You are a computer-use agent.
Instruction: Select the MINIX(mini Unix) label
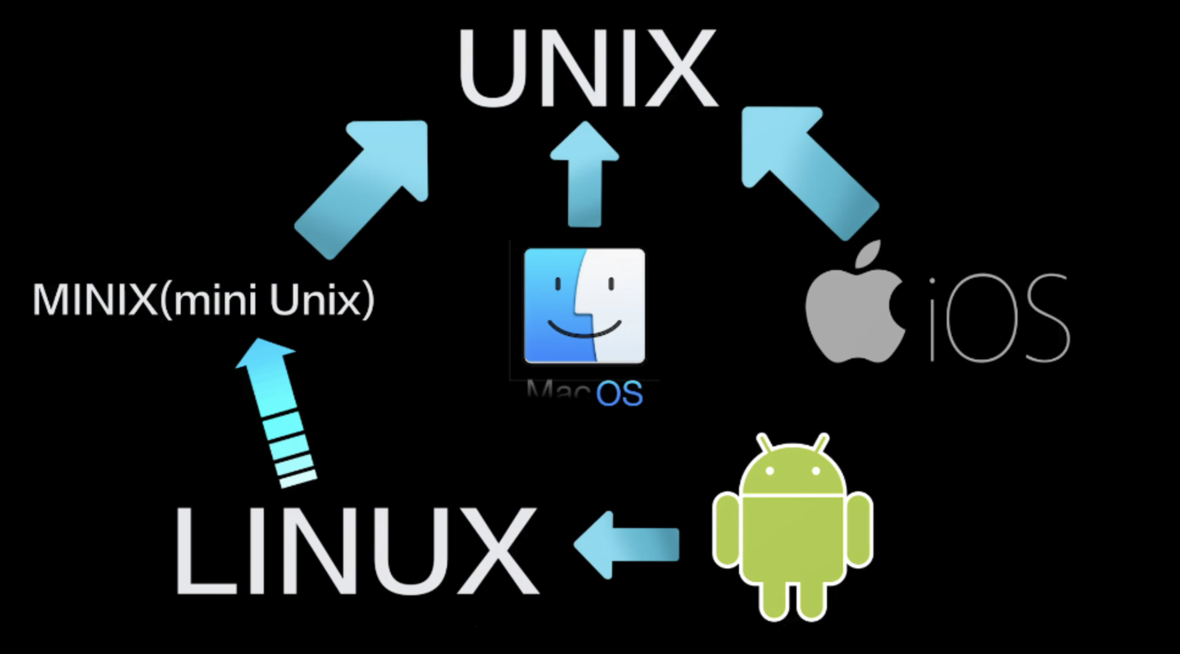pos(203,301)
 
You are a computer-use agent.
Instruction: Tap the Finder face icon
pos(584,306)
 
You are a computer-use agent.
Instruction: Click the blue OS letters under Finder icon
pos(619,394)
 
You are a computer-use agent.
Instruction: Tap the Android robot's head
pos(792,471)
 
